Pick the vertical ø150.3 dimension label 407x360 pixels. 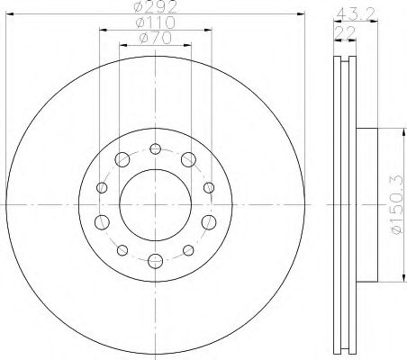(x=393, y=206)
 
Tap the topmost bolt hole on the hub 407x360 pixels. (x=155, y=149)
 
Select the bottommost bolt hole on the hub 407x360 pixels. (x=155, y=261)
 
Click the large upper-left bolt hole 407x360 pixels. (x=122, y=160)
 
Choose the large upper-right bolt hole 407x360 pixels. (x=188, y=160)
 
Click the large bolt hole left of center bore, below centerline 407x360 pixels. (x=101, y=221)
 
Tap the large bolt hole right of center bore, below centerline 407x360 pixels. (x=209, y=221)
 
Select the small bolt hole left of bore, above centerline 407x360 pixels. (x=102, y=187)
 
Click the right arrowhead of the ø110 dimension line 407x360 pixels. (x=213, y=31)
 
